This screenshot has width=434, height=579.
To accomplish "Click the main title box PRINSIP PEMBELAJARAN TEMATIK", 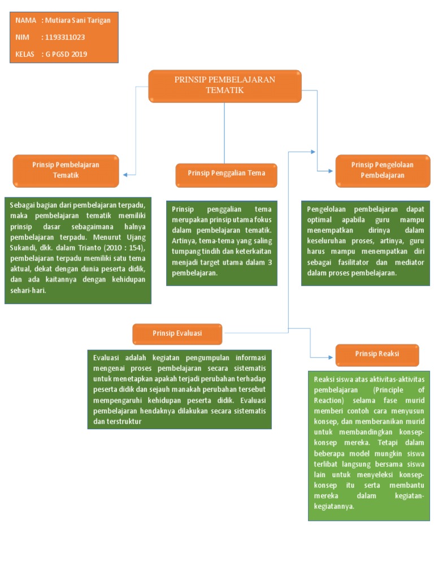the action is click(x=225, y=86).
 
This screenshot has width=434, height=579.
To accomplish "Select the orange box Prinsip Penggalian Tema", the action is click(x=226, y=175).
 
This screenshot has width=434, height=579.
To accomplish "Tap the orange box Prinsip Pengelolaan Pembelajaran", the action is click(x=383, y=171).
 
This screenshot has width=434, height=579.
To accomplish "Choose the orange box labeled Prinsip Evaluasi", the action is click(x=177, y=334).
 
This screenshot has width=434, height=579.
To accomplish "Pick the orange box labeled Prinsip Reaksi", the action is click(x=377, y=355).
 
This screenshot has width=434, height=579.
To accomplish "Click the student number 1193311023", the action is click(x=65, y=37).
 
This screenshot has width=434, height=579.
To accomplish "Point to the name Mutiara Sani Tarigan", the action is click(x=77, y=20).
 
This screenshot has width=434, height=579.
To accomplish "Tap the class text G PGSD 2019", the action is click(x=67, y=54).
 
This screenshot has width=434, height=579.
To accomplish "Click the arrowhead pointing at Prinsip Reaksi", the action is click(x=330, y=357).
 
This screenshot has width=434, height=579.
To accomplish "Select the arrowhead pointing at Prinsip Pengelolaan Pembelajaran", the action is click(x=330, y=171).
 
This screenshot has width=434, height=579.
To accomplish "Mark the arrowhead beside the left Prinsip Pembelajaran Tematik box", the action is click(x=125, y=175).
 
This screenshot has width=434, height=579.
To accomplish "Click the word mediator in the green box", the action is click(x=409, y=262).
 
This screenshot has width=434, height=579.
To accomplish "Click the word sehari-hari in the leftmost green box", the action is click(x=28, y=291).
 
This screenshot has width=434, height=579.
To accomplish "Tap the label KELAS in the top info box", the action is click(x=25, y=54).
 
